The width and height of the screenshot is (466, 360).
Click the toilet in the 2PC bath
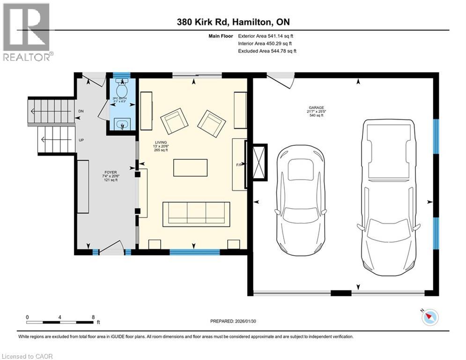(x=122, y=88)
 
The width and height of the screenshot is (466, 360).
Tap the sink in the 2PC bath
(x=122, y=125)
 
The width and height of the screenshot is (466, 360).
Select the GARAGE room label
(x=314, y=111)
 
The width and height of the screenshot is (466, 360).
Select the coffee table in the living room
(x=190, y=168)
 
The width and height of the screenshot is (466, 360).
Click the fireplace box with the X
(x=259, y=162)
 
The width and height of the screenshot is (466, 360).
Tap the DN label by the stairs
(x=81, y=112)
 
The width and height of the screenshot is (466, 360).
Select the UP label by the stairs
(x=81, y=140)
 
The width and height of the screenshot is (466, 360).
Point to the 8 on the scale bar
(x=93, y=317)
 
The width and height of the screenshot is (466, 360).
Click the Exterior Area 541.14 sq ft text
(x=266, y=36)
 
